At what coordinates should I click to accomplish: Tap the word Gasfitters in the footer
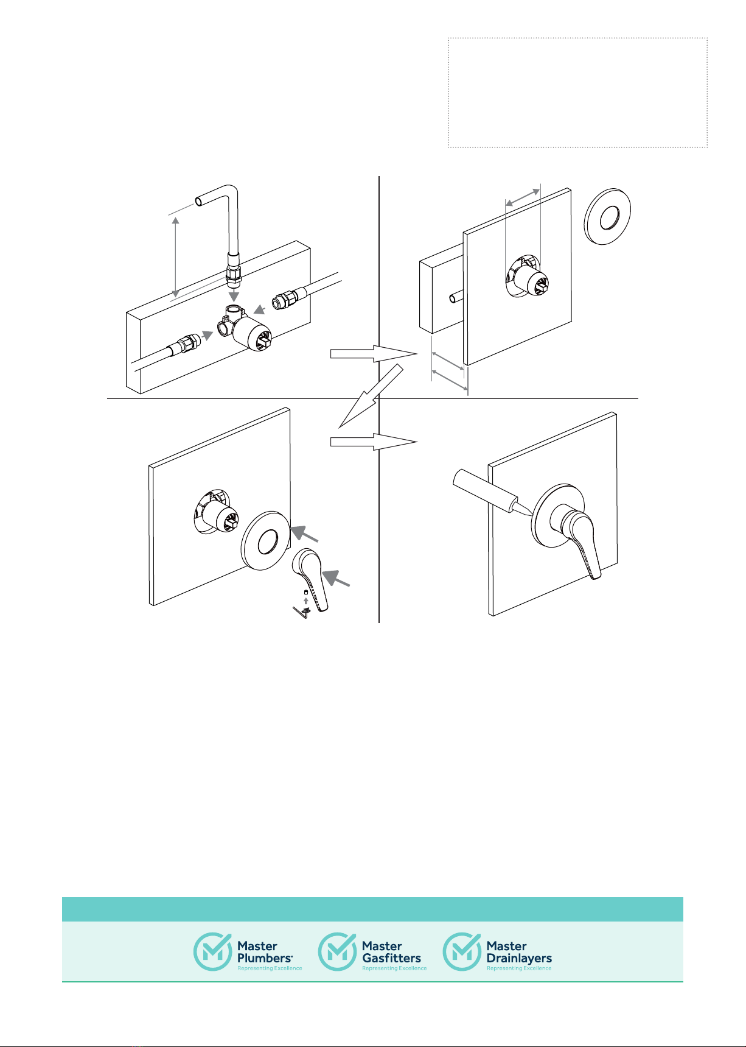click(391, 958)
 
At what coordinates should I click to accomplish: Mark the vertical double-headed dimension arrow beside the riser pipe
click(175, 256)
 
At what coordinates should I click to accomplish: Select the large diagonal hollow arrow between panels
click(371, 396)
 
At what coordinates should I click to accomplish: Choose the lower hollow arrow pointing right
click(374, 442)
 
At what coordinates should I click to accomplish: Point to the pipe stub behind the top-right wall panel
click(456, 299)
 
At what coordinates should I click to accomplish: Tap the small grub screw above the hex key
click(305, 591)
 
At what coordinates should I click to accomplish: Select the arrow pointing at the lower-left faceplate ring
click(304, 534)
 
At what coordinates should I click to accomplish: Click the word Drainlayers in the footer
click(519, 958)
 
